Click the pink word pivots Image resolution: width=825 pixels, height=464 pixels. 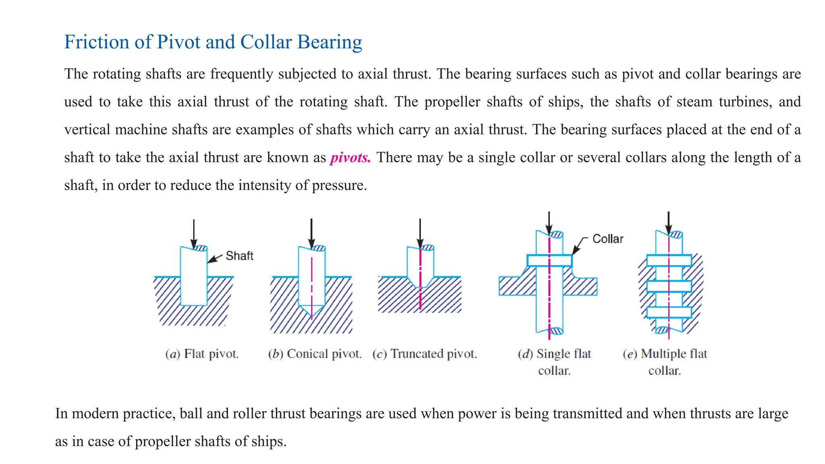click(350, 157)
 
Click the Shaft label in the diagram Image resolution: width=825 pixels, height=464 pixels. click(239, 256)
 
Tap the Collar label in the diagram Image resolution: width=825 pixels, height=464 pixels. click(607, 239)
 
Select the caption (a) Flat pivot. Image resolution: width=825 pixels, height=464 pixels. click(202, 354)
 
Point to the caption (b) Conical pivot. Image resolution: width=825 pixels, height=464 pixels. click(315, 354)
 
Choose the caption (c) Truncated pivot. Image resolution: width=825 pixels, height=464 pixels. click(425, 354)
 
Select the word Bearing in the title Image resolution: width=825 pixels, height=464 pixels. click(330, 42)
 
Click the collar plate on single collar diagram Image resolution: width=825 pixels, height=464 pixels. click(549, 261)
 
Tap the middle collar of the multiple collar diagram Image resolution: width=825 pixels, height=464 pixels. click(669, 286)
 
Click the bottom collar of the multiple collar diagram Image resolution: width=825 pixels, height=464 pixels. click(669, 313)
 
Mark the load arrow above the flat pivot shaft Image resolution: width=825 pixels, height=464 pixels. click(194, 234)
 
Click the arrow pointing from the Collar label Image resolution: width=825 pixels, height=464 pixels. click(579, 244)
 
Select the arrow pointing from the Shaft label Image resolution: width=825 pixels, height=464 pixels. click(215, 259)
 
